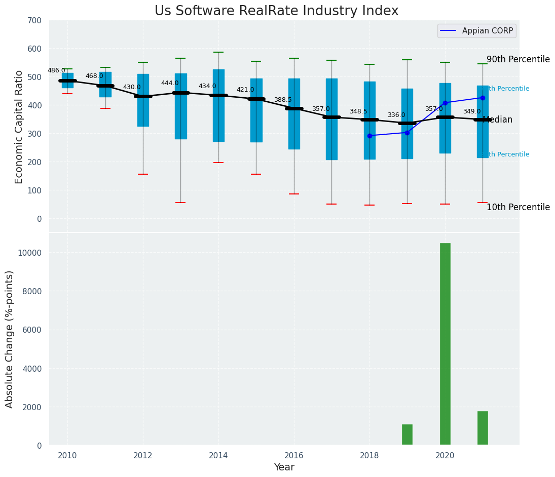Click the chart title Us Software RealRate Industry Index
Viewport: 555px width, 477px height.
[x=276, y=11]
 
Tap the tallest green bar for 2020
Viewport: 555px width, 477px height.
[x=445, y=344]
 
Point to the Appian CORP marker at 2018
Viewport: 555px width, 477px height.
[x=369, y=136]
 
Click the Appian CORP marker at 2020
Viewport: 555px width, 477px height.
[x=445, y=103]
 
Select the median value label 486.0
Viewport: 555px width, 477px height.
[x=56, y=70]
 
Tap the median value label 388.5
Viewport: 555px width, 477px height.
[x=283, y=100]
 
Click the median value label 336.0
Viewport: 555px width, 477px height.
[x=396, y=115]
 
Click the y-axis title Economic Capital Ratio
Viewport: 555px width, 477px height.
[x=19, y=127]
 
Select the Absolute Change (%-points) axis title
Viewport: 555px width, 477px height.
[x=10, y=339]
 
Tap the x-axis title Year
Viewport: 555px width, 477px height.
[x=284, y=467]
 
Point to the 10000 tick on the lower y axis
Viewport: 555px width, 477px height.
[x=31, y=253]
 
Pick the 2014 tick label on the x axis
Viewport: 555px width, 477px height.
[x=218, y=455]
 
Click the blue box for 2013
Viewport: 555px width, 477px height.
[x=180, y=106]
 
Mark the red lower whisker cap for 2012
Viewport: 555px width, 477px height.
[x=143, y=174]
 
